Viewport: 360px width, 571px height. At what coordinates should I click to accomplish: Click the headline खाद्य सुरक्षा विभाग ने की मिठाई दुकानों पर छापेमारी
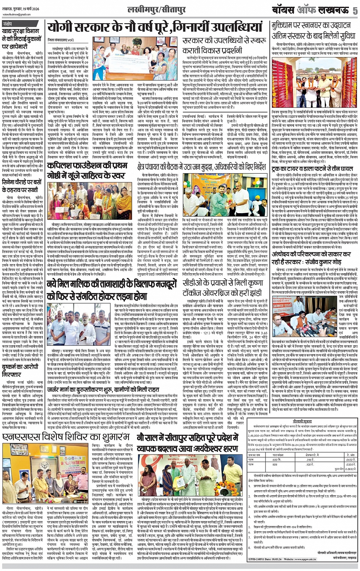(x=23, y=39)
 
